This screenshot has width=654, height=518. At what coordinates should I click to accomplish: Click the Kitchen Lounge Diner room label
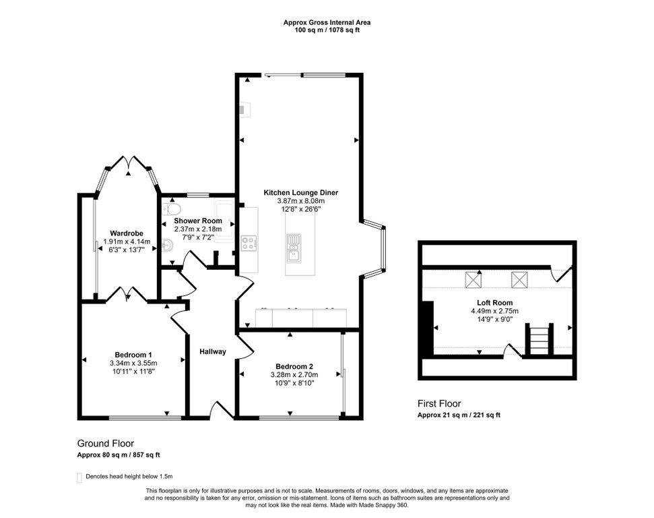click(300, 193)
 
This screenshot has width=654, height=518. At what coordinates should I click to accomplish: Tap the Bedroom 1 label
click(133, 355)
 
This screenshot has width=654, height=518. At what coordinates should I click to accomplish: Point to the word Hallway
click(212, 351)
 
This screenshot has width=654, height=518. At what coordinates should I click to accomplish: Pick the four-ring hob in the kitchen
click(249, 242)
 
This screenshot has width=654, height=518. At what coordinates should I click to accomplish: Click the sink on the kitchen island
click(294, 248)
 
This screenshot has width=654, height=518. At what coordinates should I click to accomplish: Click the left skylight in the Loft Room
click(475, 278)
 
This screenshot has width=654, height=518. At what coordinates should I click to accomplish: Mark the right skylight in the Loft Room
click(519, 278)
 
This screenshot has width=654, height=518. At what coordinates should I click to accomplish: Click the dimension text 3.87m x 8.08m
click(300, 201)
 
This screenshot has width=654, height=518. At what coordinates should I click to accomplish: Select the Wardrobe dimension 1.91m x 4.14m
click(127, 241)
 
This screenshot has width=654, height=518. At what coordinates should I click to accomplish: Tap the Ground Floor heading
click(105, 443)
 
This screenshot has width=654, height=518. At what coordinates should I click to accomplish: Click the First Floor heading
click(439, 403)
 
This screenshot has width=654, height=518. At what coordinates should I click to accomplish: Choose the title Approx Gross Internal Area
click(327, 22)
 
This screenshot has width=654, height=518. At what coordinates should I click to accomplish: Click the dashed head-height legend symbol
click(79, 477)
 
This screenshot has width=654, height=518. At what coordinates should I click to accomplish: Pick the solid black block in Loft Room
click(426, 326)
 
